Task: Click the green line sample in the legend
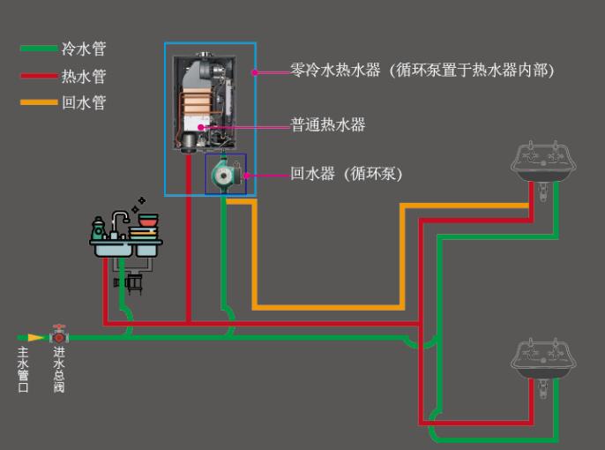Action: click(x=39, y=49)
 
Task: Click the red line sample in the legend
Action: click(x=39, y=76)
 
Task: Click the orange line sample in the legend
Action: click(x=39, y=103)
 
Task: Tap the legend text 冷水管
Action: click(x=84, y=49)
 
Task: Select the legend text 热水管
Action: click(x=84, y=76)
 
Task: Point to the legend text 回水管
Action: click(x=84, y=103)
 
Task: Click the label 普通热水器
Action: click(x=328, y=124)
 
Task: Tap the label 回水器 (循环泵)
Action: click(x=347, y=174)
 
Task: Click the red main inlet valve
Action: click(x=59, y=335)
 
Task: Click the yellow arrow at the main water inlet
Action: click(x=34, y=337)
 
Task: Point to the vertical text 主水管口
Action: click(x=24, y=370)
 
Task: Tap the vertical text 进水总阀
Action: click(x=58, y=370)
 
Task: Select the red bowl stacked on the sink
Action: click(x=146, y=220)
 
